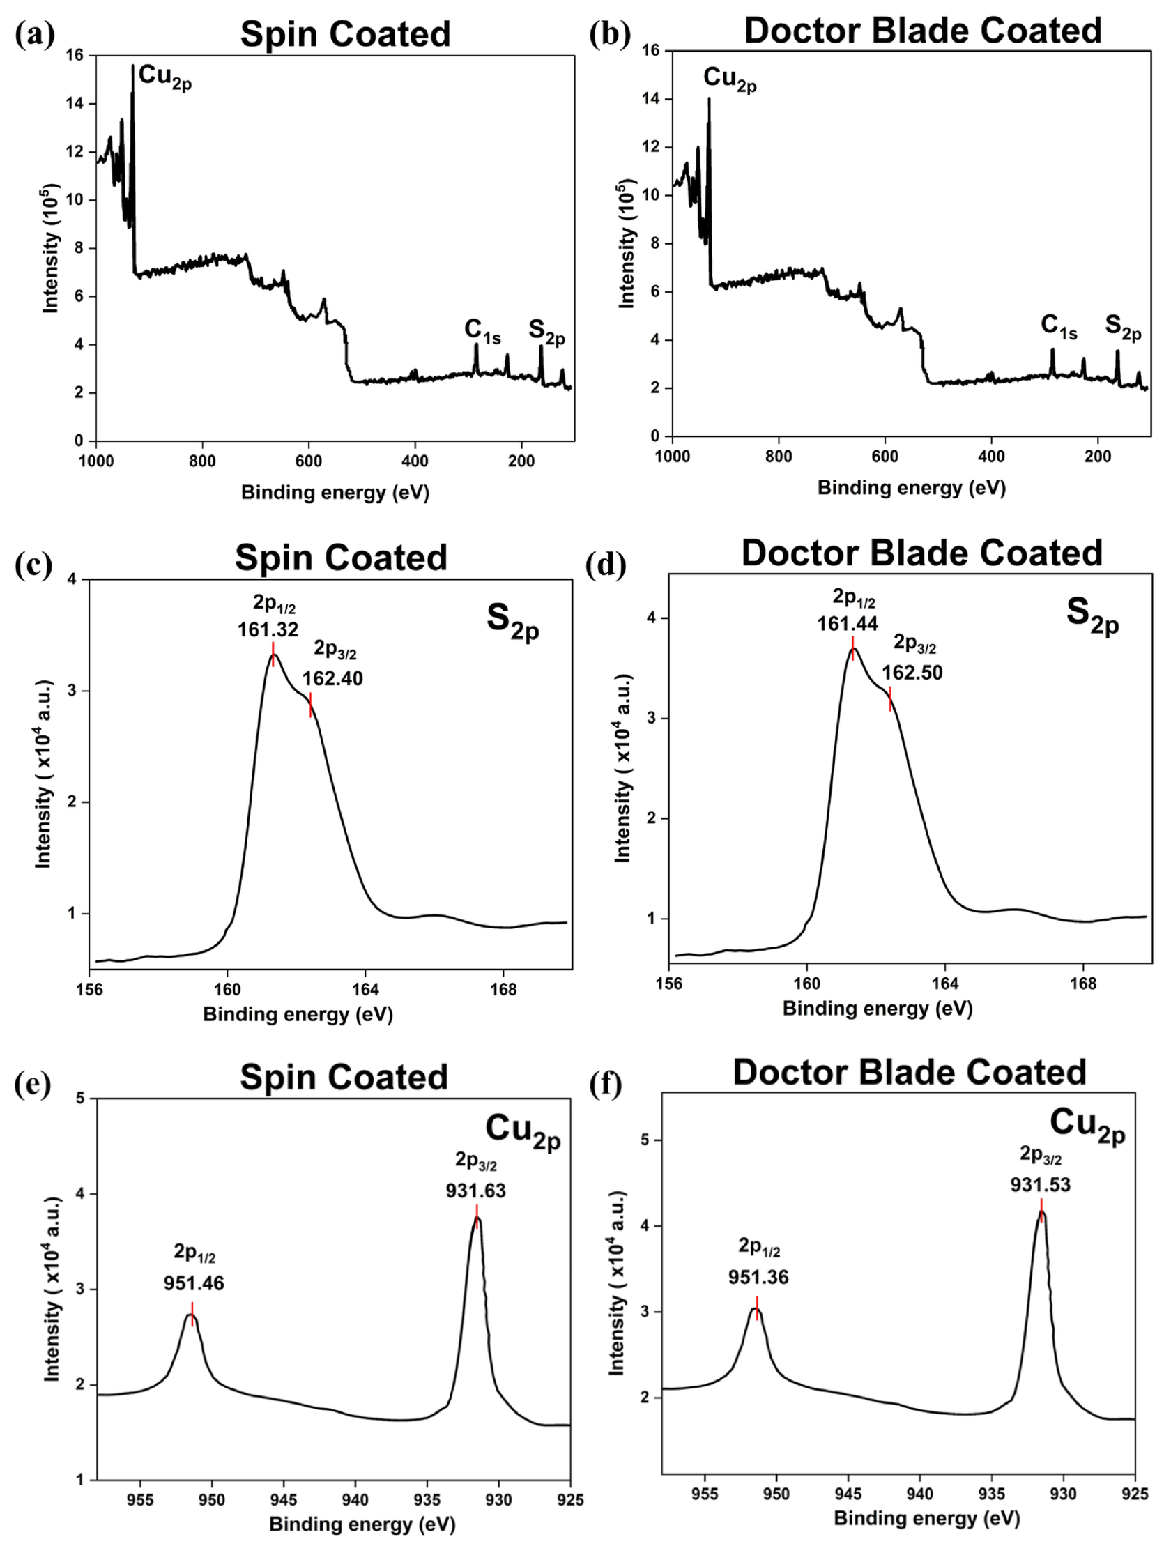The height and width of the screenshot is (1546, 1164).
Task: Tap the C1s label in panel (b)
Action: coord(1058,326)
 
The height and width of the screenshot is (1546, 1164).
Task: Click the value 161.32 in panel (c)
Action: coord(268,629)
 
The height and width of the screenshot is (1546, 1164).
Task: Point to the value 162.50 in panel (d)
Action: coord(912,673)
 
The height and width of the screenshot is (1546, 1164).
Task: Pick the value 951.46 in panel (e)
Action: coord(194,1283)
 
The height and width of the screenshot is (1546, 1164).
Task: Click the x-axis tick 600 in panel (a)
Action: coord(308,462)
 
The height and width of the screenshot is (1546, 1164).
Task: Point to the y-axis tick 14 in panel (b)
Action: coord(652,99)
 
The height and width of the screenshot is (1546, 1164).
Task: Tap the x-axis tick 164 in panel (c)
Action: coord(365,990)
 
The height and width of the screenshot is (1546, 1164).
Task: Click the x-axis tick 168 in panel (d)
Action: coord(1083,984)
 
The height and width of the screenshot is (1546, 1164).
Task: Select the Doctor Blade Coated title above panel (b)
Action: coord(922,31)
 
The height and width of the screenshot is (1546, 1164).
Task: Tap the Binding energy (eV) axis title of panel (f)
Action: coord(926,1517)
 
